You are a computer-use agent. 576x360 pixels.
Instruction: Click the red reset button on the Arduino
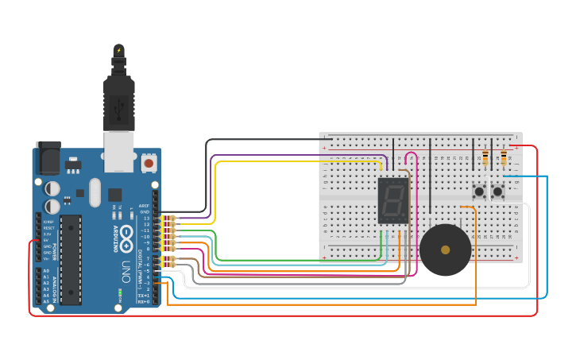point(149,164)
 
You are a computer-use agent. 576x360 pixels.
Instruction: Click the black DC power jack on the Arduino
point(48,157)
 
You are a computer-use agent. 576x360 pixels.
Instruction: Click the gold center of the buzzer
point(445,250)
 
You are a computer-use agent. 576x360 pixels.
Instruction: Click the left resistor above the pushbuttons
point(485,158)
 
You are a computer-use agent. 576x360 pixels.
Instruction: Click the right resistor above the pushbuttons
point(504,158)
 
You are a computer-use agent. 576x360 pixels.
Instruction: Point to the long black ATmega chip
point(71,259)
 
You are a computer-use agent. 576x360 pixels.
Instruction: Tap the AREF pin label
point(145,206)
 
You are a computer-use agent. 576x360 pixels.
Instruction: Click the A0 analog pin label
point(45,271)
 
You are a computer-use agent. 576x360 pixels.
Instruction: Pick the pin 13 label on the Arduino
point(145,218)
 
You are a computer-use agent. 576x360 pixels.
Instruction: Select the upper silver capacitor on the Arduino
point(52,188)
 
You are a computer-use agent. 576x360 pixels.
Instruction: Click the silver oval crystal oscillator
point(95,192)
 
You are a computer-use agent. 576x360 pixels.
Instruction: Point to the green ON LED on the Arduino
point(120,292)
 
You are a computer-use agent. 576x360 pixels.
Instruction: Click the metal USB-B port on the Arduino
point(119,151)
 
